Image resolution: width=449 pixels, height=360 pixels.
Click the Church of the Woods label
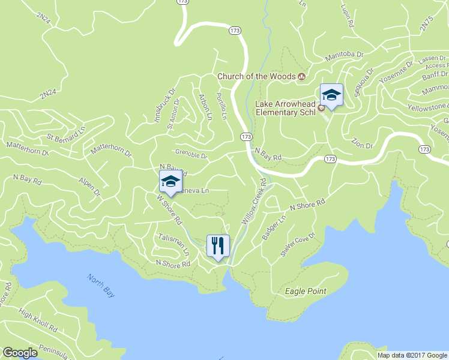tap(256, 76)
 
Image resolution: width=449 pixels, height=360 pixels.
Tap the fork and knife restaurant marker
tap(217, 245)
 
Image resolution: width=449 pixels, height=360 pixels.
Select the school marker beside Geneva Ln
tap(170, 182)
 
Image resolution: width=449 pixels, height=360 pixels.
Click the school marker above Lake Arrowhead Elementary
tap(331, 94)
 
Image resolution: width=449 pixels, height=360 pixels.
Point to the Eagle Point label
tap(306, 292)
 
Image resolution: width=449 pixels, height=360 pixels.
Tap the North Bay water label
tap(100, 286)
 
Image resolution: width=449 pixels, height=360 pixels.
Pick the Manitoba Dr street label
tap(345, 57)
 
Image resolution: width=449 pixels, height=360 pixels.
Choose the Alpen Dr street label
tap(89, 185)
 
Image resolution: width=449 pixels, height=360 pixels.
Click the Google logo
tap(20, 353)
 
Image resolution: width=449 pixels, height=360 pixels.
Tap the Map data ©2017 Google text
tap(412, 355)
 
